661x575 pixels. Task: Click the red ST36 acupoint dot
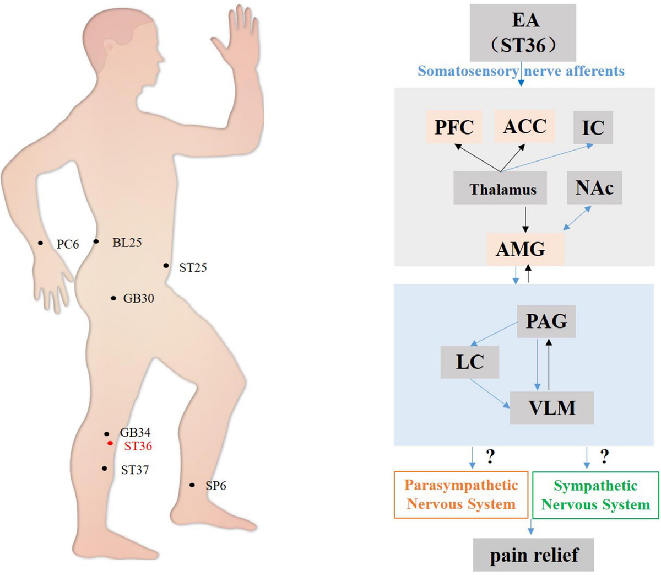tap(111, 443)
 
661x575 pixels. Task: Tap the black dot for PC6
tap(40, 243)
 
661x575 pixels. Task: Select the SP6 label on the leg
tap(216, 486)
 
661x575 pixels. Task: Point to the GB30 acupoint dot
tap(113, 298)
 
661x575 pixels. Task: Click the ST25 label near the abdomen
tap(193, 267)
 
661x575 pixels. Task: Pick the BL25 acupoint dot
tap(96, 241)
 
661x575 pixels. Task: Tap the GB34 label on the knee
tap(135, 432)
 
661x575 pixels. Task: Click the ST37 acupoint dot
tap(104, 469)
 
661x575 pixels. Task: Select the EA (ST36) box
tap(523, 33)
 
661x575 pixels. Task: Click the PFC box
tap(454, 127)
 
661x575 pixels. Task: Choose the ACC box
tap(524, 126)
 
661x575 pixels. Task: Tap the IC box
tap(593, 127)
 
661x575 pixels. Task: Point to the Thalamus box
tap(500, 188)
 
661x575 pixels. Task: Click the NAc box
tap(594, 188)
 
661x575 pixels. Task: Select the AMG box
tap(525, 250)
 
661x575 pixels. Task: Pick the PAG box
tap(546, 321)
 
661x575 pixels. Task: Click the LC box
tap(470, 362)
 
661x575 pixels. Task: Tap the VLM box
tap(552, 408)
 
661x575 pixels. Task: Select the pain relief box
tap(533, 555)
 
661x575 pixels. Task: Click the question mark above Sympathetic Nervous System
tap(604, 456)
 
